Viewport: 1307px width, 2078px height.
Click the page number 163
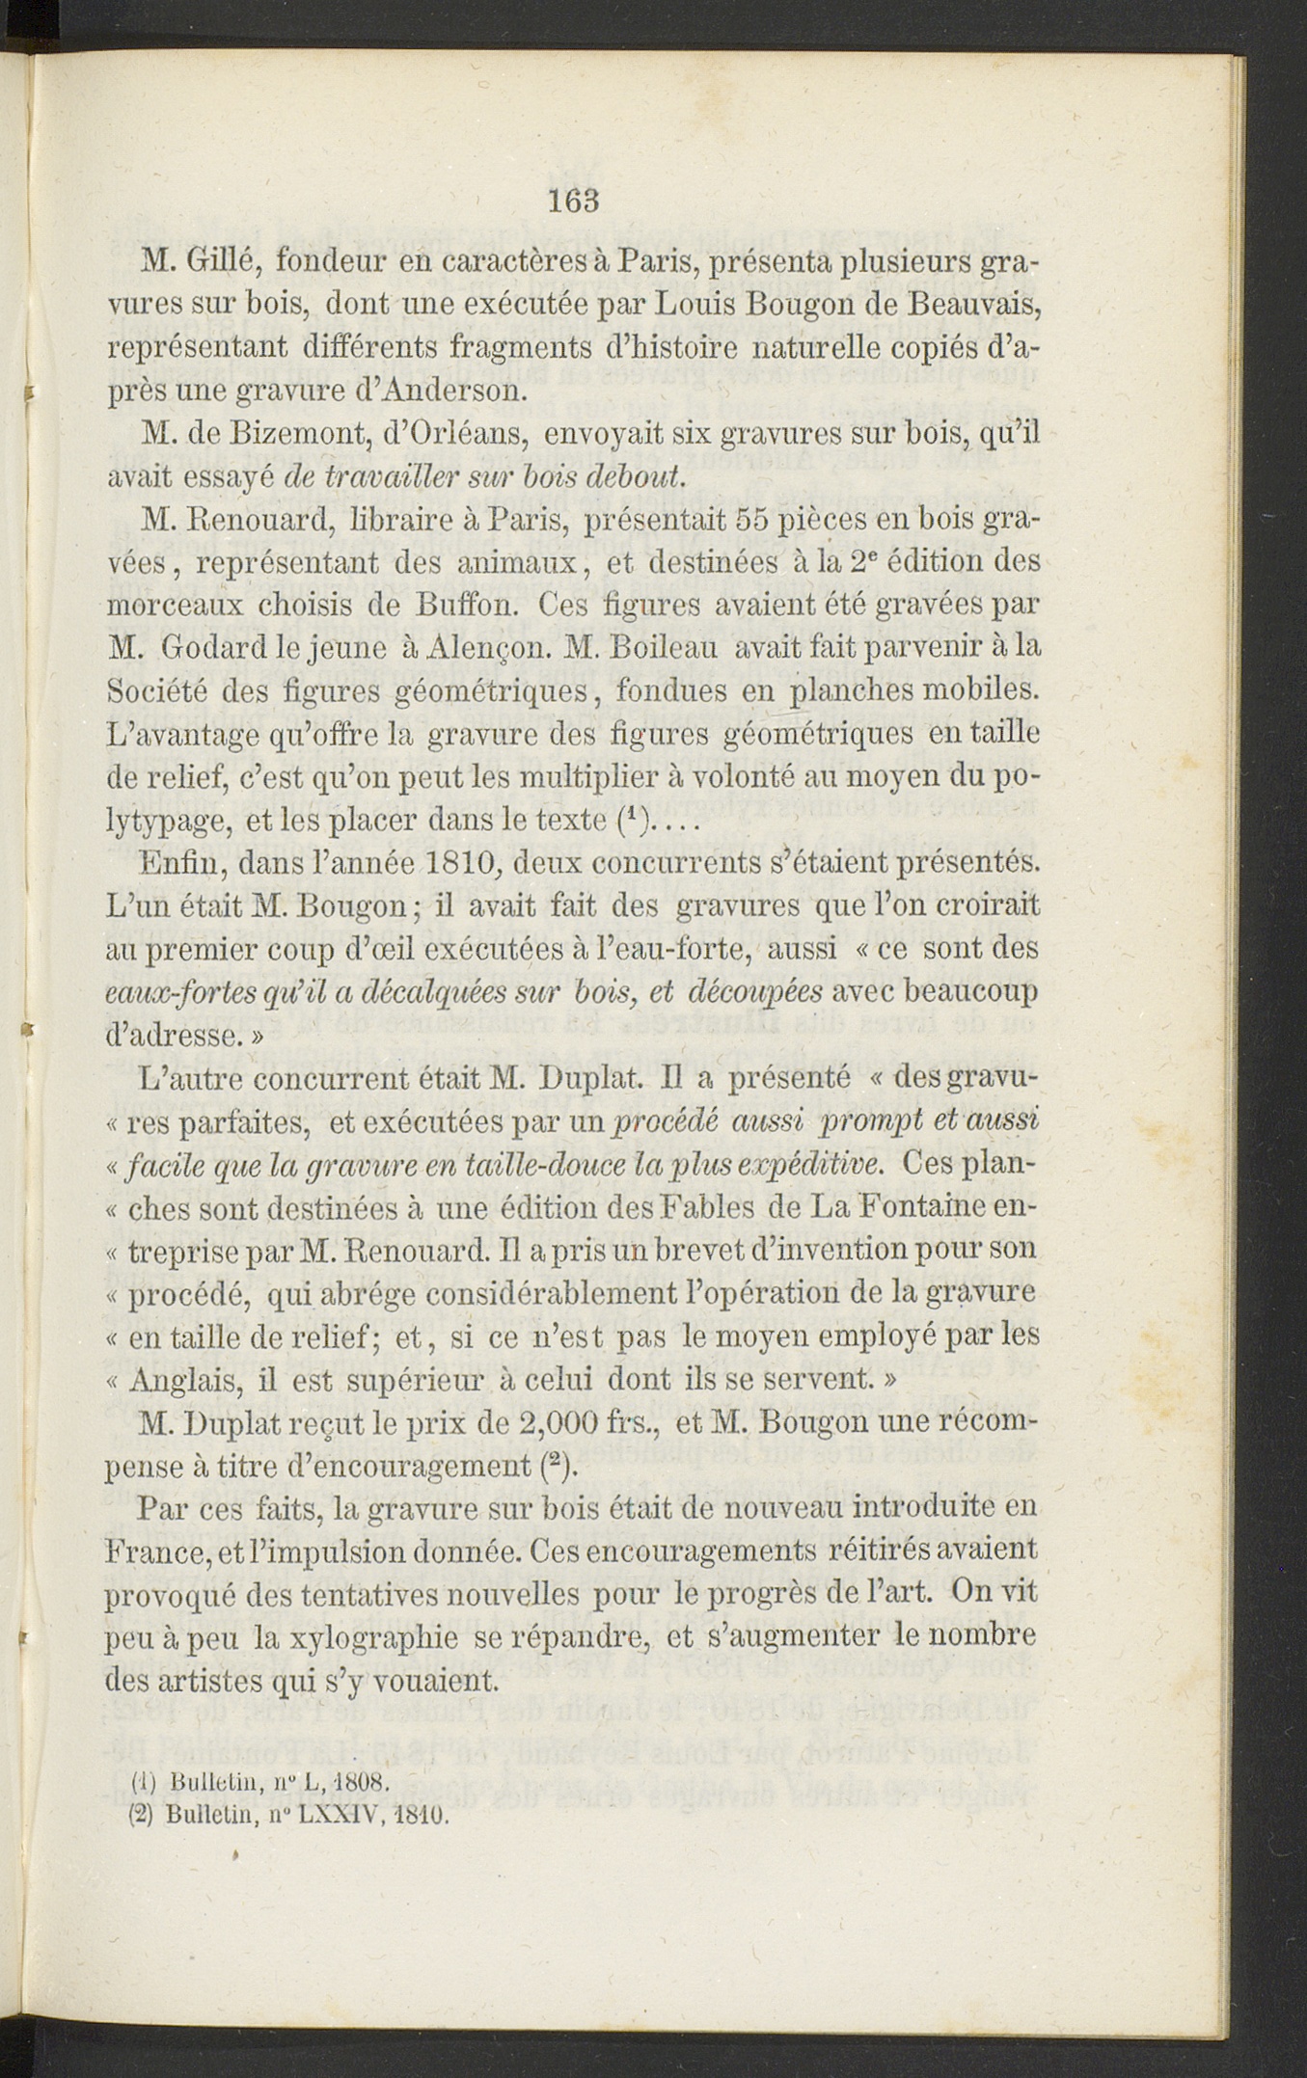point(574,201)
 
